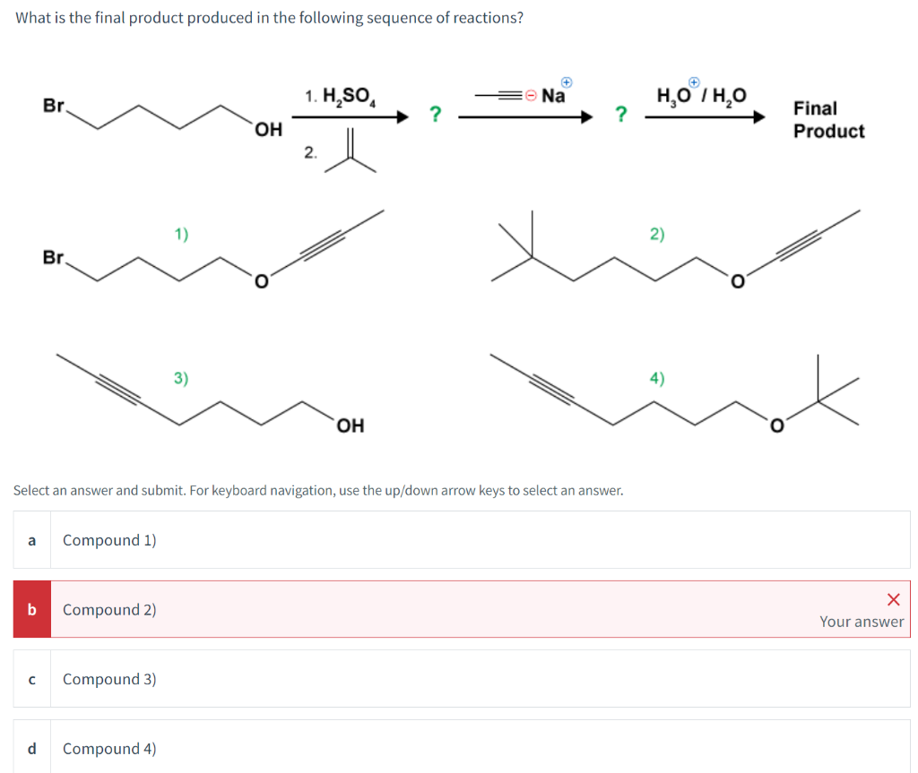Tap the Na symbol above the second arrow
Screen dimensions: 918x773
click(x=553, y=96)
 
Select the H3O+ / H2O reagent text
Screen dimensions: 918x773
click(x=702, y=95)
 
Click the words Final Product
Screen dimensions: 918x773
click(x=827, y=119)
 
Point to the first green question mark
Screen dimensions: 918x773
click(x=435, y=114)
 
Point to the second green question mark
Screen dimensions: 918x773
click(x=619, y=114)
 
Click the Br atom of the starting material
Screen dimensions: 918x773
click(x=55, y=106)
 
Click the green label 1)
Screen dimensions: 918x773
click(x=181, y=235)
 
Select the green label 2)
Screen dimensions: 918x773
click(x=657, y=235)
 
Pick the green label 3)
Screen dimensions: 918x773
click(x=181, y=378)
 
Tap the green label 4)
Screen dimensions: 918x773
click(x=657, y=378)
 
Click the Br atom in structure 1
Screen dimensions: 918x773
click(x=55, y=258)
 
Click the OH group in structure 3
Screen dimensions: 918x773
click(x=350, y=425)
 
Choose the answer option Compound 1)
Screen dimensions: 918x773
click(x=109, y=540)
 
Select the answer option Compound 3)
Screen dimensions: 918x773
click(x=109, y=679)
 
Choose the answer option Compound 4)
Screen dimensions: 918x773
click(x=109, y=748)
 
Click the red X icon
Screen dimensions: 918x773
click(x=892, y=598)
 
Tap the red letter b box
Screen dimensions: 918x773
click(x=31, y=609)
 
